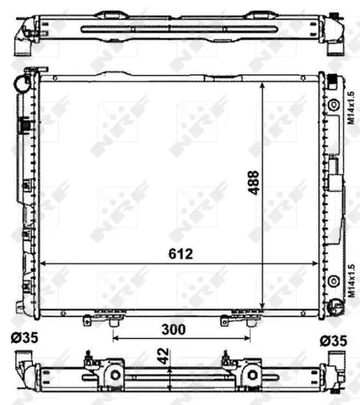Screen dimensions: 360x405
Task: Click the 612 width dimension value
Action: (180, 254)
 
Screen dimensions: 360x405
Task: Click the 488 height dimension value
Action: (253, 182)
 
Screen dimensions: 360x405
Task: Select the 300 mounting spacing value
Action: (174, 329)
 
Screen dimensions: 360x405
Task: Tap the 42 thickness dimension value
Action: (163, 356)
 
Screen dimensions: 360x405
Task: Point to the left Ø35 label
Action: (24, 337)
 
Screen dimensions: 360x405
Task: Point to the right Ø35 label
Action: (334, 341)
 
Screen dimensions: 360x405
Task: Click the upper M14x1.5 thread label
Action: (351, 108)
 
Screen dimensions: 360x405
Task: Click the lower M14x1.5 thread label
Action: (351, 281)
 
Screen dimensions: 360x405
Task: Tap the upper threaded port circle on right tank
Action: (334, 105)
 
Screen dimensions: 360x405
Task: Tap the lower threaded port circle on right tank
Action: (334, 281)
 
